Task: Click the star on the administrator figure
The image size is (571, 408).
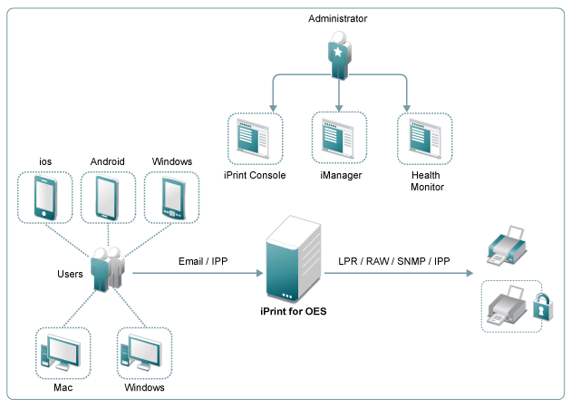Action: (x=338, y=52)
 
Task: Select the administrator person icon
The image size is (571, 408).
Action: (x=338, y=56)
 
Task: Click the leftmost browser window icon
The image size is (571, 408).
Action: (x=255, y=139)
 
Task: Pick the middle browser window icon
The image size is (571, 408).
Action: (x=339, y=138)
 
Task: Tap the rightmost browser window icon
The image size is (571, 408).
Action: (x=425, y=139)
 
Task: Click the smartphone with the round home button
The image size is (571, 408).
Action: (x=45, y=197)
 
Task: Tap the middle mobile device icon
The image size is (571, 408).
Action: (x=108, y=197)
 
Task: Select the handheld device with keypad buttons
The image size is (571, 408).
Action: (x=171, y=198)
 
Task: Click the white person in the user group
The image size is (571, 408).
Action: (x=114, y=268)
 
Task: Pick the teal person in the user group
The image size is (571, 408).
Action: (x=99, y=270)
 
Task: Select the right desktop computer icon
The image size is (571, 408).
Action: (x=144, y=353)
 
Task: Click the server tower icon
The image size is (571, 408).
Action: (x=294, y=259)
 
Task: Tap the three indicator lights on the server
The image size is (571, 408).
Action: (x=287, y=294)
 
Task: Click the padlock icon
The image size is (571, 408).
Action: (x=540, y=306)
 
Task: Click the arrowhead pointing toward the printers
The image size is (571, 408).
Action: (x=469, y=272)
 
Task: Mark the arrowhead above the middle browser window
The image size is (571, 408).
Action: (x=339, y=108)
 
